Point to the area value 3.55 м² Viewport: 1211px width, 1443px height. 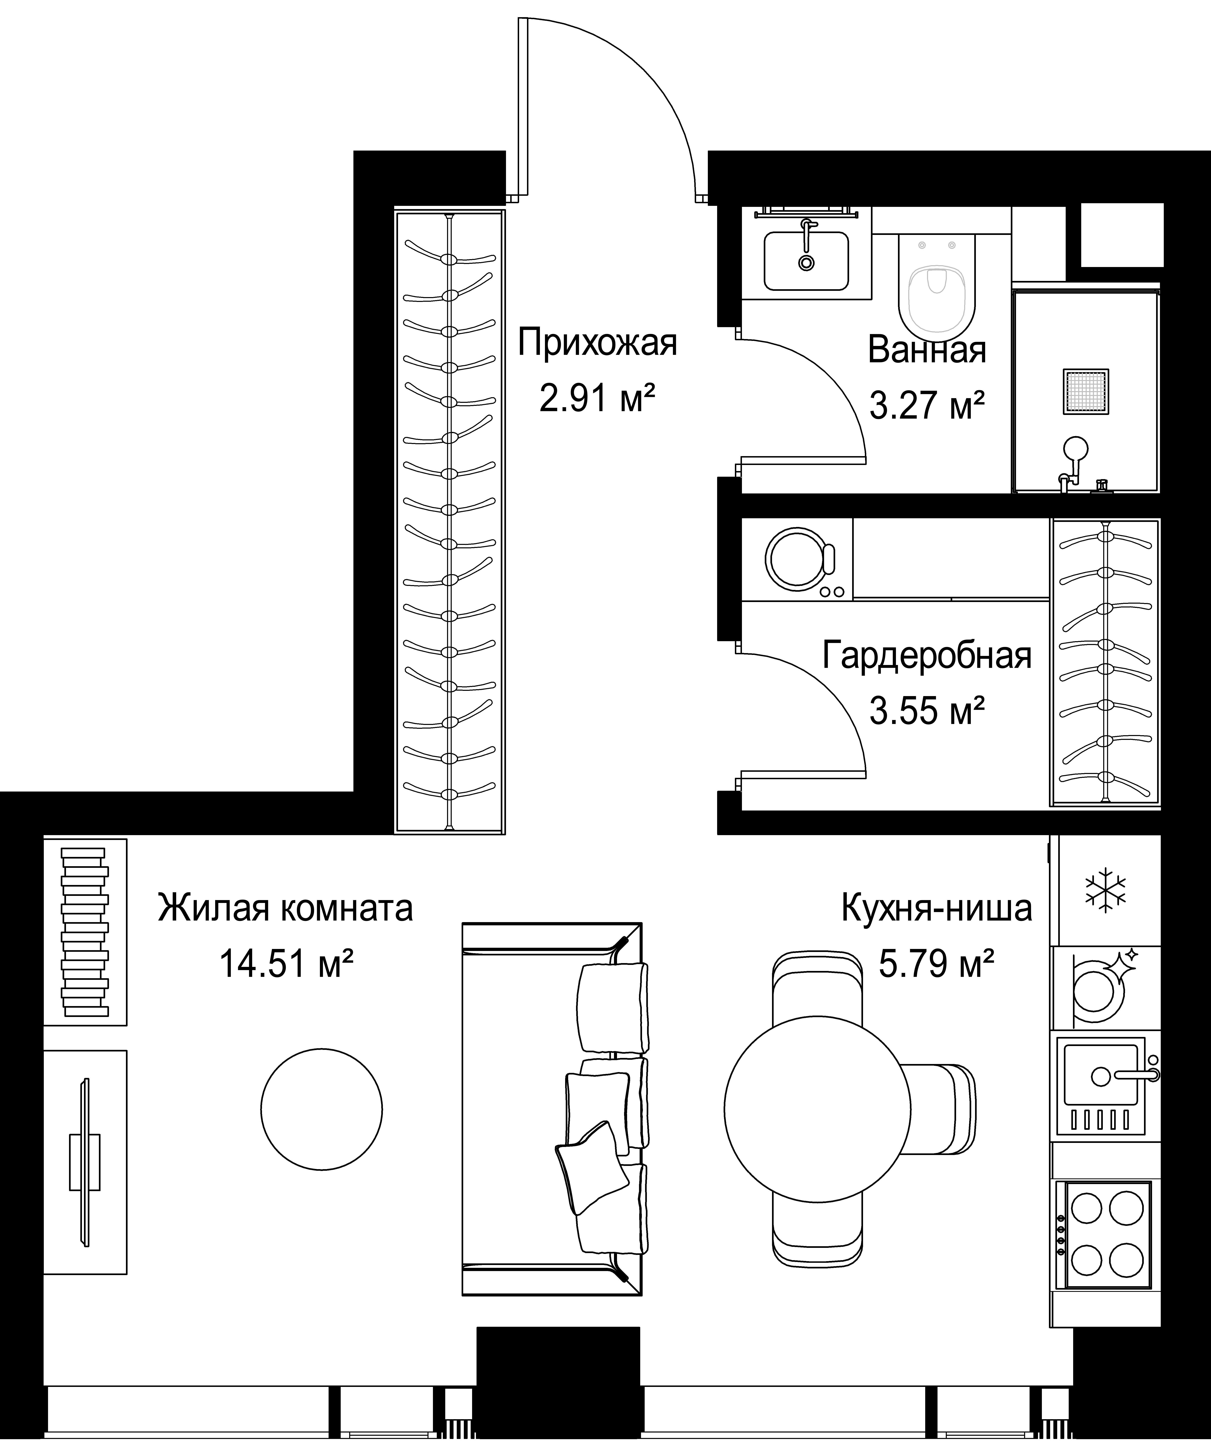927,711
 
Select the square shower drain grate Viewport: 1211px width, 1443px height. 1086,392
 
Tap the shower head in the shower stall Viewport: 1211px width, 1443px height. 1076,449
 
